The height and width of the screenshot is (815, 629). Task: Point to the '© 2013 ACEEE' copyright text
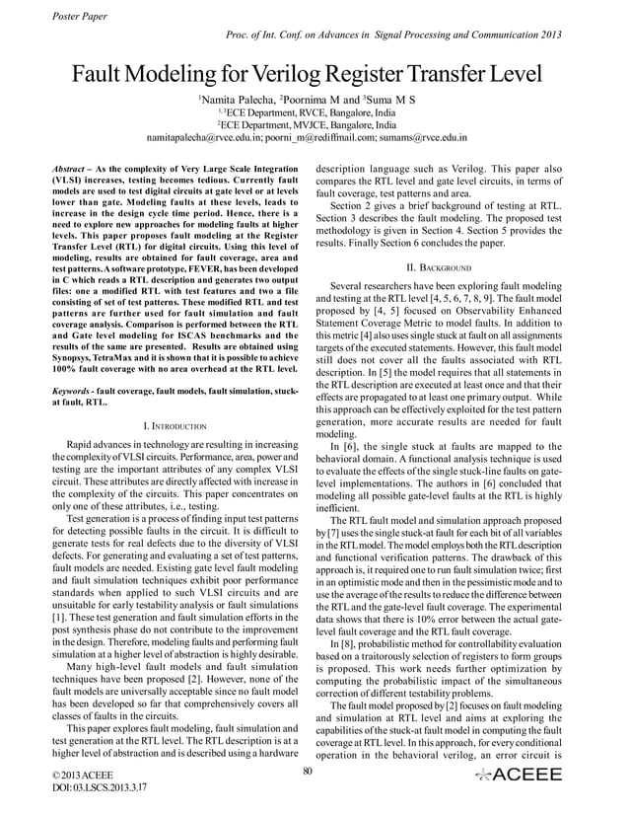(83, 778)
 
